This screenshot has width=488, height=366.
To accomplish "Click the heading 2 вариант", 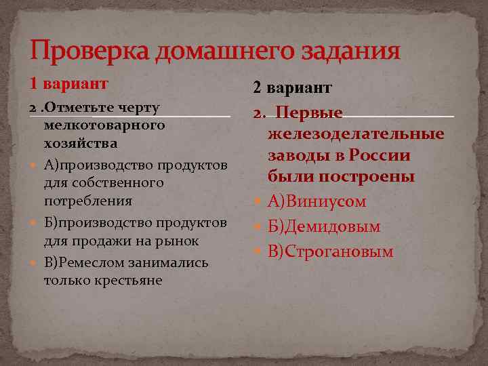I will pyautogui.click(x=292, y=87).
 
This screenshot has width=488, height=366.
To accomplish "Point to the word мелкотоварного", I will pyautogui.click(x=104, y=125).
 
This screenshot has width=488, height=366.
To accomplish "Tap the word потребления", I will pyautogui.click(x=87, y=201).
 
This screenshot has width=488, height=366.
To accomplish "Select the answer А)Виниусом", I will pyautogui.click(x=317, y=201).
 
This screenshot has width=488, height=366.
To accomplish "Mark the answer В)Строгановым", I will pyautogui.click(x=330, y=251).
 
